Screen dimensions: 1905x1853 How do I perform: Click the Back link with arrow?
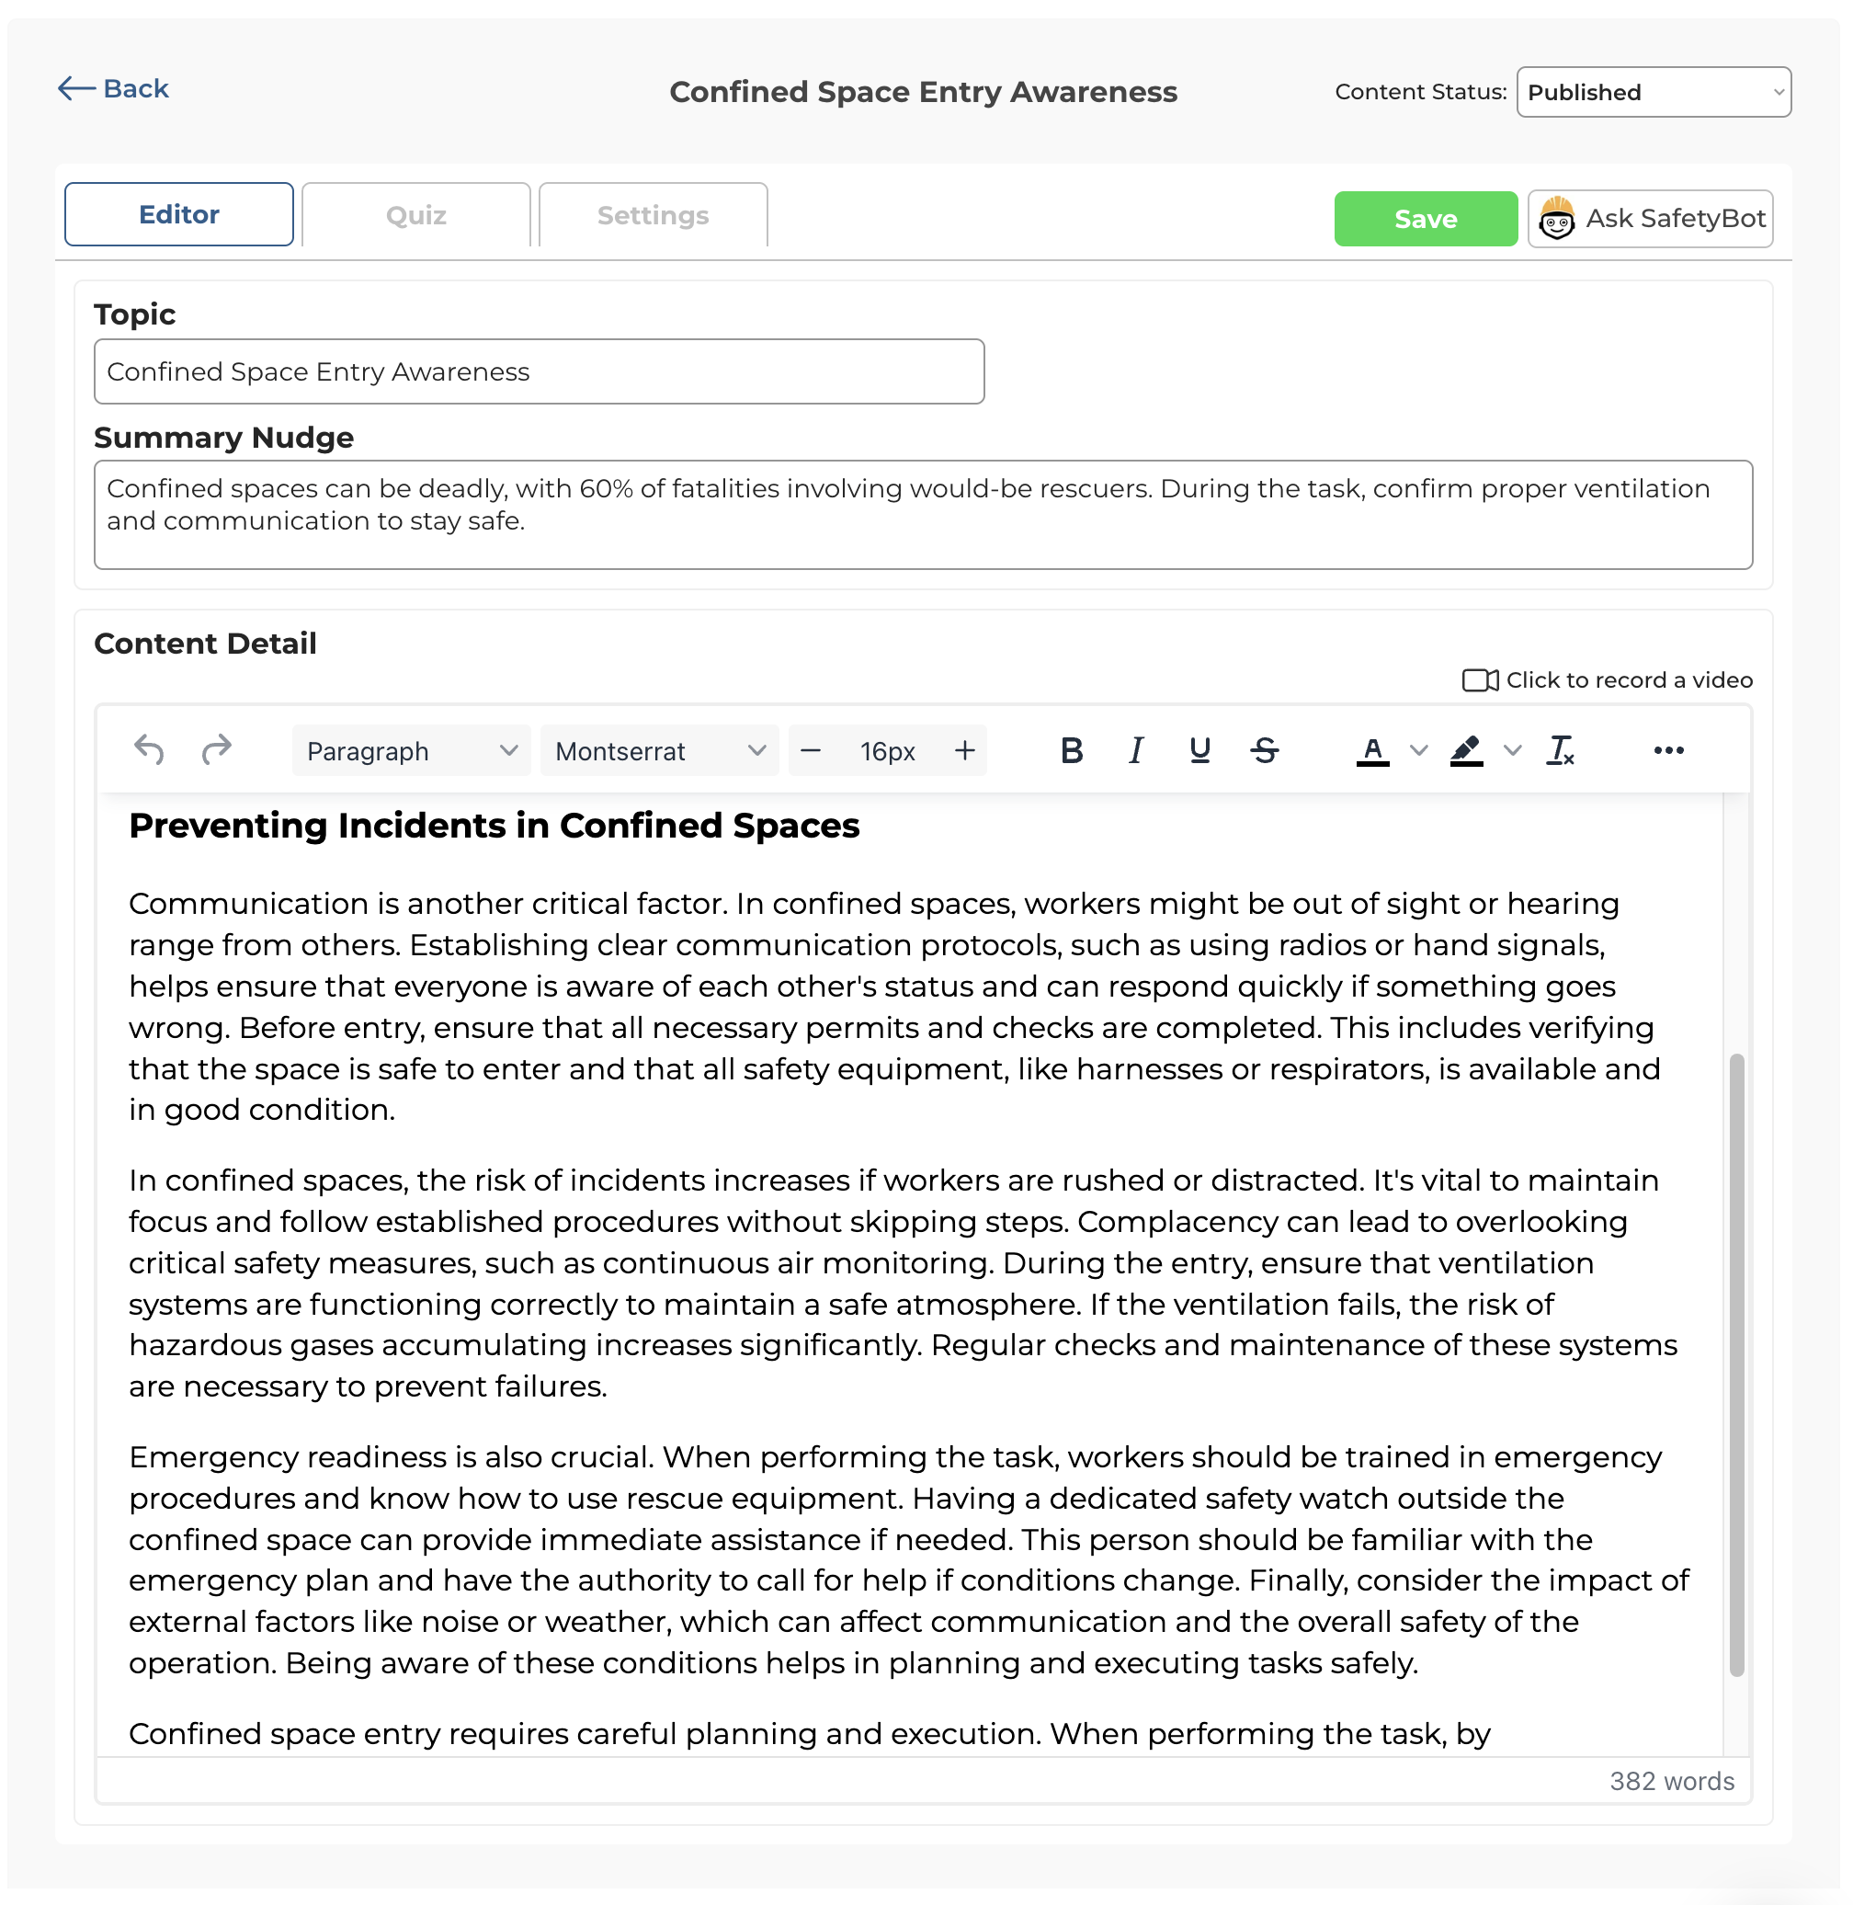[114, 88]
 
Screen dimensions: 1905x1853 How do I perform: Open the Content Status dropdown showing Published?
[1653, 93]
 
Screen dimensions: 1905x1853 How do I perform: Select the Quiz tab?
[415, 215]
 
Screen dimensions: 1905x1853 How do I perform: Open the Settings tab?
[652, 215]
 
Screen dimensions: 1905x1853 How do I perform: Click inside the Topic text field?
[539, 371]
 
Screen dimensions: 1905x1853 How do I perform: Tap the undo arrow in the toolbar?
[149, 750]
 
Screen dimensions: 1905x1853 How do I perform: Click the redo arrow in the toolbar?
[216, 750]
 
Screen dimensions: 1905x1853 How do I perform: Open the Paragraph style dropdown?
[410, 750]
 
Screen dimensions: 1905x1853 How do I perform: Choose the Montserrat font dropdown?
[659, 750]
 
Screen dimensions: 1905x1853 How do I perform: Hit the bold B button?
[1071, 750]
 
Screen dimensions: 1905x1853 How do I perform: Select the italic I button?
[1135, 750]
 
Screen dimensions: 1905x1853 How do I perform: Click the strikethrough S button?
[1264, 750]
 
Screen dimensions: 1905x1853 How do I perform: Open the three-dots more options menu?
[1668, 750]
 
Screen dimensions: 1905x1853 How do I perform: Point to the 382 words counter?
[1671, 1782]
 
